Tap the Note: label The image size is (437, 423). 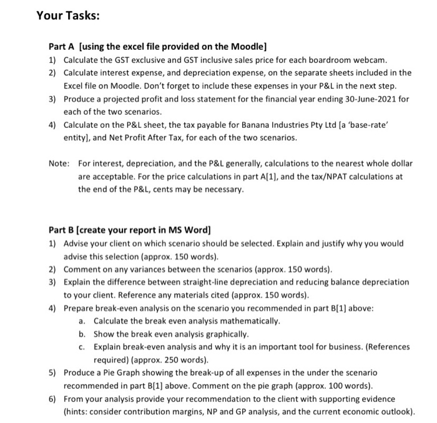59,164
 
